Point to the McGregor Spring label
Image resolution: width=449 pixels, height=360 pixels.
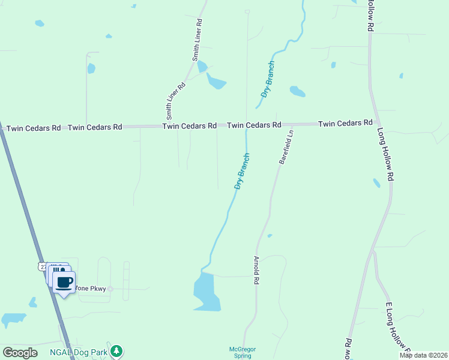click(242, 352)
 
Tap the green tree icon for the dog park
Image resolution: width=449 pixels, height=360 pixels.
click(116, 350)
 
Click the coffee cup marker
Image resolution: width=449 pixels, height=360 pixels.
click(64, 282)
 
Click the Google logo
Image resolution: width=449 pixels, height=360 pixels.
click(20, 352)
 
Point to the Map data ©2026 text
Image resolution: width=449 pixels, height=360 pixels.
click(423, 355)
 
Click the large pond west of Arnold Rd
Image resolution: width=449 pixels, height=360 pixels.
click(206, 292)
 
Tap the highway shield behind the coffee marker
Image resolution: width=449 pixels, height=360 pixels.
click(41, 265)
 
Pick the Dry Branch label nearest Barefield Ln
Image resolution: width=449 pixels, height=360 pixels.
click(243, 172)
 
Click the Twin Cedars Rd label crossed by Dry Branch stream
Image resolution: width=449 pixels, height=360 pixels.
click(254, 125)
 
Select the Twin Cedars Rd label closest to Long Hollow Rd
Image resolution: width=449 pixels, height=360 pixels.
click(345, 123)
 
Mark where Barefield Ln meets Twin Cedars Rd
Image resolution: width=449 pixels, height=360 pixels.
click(293, 124)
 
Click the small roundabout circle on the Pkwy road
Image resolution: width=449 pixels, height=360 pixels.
click(110, 289)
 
